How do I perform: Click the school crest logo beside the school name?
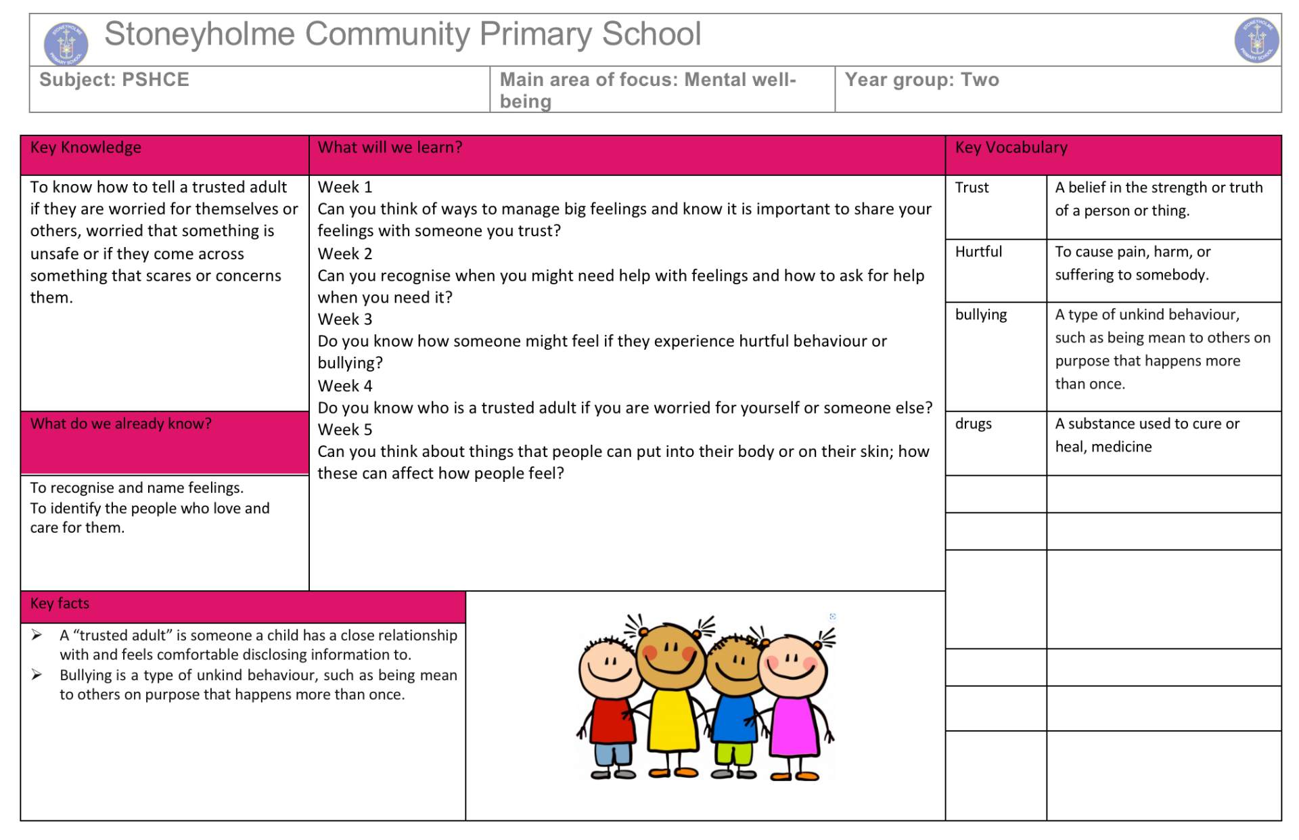point(66,43)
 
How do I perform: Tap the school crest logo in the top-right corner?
point(1256,41)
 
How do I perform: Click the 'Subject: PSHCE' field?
point(114,80)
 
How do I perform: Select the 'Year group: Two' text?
point(921,80)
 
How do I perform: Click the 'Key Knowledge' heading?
point(86,148)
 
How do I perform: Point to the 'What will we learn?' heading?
point(390,148)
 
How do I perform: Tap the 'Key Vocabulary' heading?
point(1011,148)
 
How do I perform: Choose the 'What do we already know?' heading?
point(120,424)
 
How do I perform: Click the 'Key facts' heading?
point(60,603)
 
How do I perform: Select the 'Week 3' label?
point(345,319)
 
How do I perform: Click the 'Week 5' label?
point(345,430)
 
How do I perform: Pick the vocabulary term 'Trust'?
point(972,187)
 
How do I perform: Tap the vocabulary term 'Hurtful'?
point(978,252)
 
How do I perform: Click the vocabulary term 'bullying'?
point(981,315)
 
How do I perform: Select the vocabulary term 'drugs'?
point(973,424)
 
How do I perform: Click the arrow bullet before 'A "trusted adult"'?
point(37,635)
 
